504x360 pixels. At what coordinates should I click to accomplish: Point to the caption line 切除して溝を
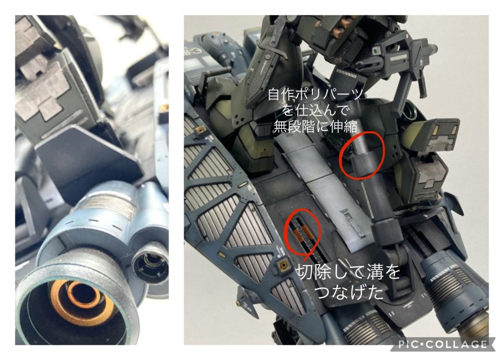(347, 273)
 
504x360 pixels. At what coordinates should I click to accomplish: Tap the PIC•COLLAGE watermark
(442, 344)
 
